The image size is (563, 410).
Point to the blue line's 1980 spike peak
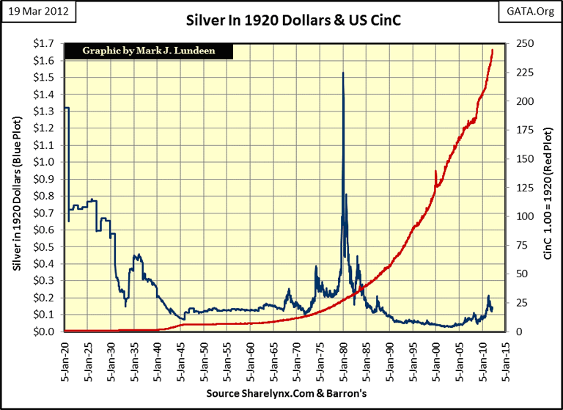coord(343,73)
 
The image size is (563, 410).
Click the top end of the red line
coord(493,49)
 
